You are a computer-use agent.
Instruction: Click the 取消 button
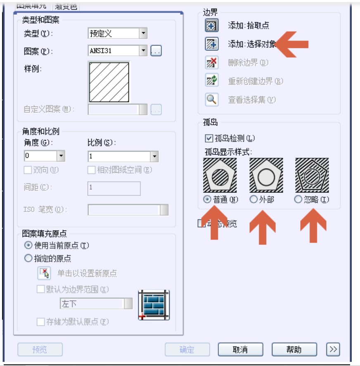pyautogui.click(x=240, y=349)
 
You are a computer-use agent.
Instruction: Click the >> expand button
pyautogui.click(x=333, y=349)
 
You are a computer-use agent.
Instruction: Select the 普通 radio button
pyautogui.click(x=207, y=200)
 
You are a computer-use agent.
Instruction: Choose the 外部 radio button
pyautogui.click(x=253, y=200)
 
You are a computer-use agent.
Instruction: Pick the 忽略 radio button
pyautogui.click(x=298, y=200)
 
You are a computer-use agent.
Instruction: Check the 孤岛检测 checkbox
pyautogui.click(x=208, y=138)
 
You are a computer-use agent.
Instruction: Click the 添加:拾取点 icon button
pyautogui.click(x=212, y=25)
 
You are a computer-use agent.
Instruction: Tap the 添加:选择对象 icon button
pyautogui.click(x=212, y=44)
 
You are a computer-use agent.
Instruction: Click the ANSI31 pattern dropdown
pyautogui.click(x=118, y=51)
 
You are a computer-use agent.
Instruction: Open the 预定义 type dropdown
pyautogui.click(x=118, y=33)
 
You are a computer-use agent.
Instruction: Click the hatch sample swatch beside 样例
pyautogui.click(x=109, y=82)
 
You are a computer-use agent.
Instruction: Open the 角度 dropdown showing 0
pyautogui.click(x=45, y=156)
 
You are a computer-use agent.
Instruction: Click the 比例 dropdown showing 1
pyautogui.click(x=123, y=157)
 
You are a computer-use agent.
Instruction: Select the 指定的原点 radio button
pyautogui.click(x=28, y=259)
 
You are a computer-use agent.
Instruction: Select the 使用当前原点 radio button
pyautogui.click(x=28, y=245)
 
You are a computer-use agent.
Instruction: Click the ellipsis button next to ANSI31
pyautogui.click(x=156, y=51)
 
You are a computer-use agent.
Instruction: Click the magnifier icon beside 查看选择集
pyautogui.click(x=212, y=100)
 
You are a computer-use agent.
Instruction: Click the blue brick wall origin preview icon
pyautogui.click(x=154, y=305)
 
